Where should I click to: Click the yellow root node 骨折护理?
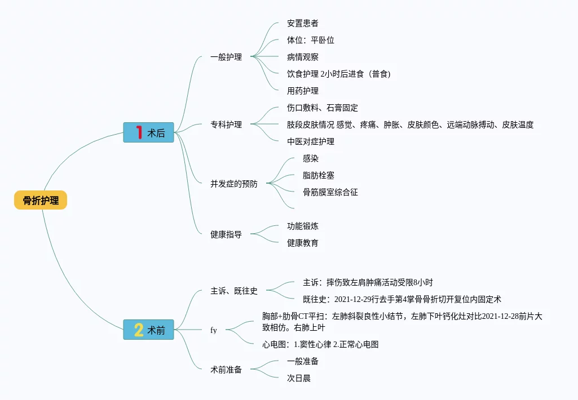tap(41, 200)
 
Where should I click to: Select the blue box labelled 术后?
tap(149, 133)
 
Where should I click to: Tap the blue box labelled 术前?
tap(149, 330)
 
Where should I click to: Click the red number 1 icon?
tap(139, 132)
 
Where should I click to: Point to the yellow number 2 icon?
tap(139, 330)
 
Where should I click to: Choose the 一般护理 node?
tap(226, 57)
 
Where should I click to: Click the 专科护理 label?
tap(226, 125)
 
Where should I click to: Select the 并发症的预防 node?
tap(234, 184)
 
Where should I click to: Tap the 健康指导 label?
tap(226, 234)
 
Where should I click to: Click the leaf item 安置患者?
tap(303, 23)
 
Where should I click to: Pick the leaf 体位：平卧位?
tap(311, 40)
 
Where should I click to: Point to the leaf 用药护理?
tap(303, 91)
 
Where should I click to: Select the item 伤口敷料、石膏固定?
tap(323, 108)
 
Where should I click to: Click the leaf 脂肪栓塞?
tap(319, 175)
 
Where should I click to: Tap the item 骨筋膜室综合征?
tap(330, 192)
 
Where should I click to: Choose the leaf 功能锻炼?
tap(303, 226)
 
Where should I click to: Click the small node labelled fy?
tap(214, 330)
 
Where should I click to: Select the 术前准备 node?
tap(226, 370)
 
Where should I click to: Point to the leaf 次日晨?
tap(299, 378)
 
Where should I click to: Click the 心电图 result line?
tap(320, 344)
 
